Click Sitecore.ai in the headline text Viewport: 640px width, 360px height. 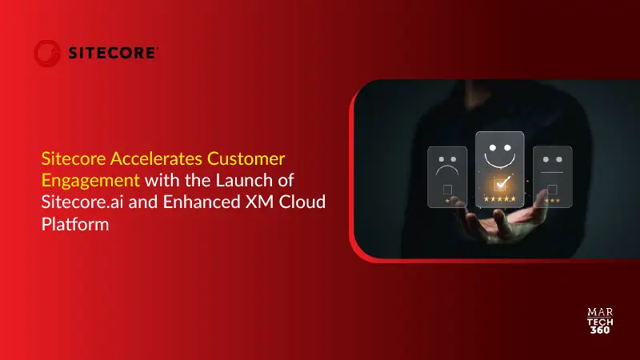[77, 201]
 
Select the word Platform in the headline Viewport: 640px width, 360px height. [74, 224]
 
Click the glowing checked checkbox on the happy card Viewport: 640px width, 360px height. [500, 185]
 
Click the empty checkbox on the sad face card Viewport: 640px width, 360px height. [447, 190]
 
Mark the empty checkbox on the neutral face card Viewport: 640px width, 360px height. [552, 190]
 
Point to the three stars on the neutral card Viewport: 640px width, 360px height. [552, 200]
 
